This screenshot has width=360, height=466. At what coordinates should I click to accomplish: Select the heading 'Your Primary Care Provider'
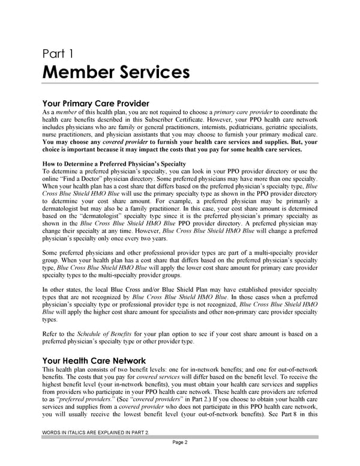pyautogui.click(x=95, y=103)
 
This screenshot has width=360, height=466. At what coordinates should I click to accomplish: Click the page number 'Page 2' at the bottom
pyautogui.click(x=179, y=443)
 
